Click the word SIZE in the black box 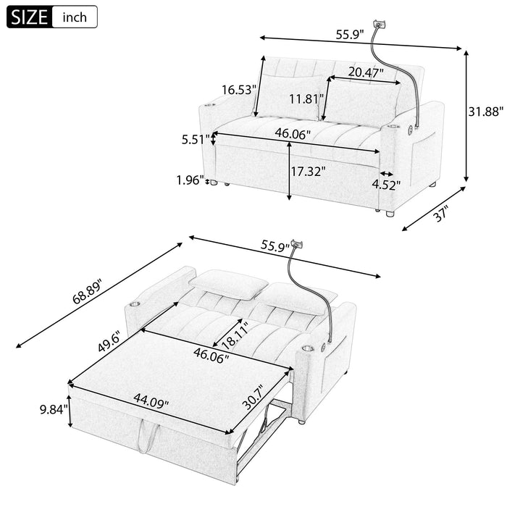pos(28,16)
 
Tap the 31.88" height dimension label pos(483,112)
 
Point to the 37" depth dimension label pos(443,214)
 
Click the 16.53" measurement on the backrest pos(238,90)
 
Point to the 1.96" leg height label pos(190,179)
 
